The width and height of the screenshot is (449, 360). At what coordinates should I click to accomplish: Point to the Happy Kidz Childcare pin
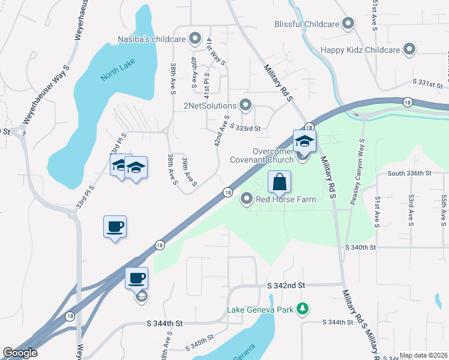click(409, 49)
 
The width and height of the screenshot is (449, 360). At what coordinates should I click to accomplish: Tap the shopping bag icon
click(280, 181)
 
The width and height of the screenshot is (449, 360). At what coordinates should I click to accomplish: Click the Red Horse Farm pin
click(246, 199)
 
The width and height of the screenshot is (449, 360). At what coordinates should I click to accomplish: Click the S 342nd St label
click(286, 286)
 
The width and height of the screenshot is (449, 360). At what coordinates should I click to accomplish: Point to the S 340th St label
click(360, 247)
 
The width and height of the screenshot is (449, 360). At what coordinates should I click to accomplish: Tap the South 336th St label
click(409, 173)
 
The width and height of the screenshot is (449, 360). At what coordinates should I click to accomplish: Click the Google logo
click(20, 353)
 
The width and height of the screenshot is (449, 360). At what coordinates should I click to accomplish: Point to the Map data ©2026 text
click(423, 355)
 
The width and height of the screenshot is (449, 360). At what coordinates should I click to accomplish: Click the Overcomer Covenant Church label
click(263, 155)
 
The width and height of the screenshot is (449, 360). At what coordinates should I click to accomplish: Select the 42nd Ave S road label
click(221, 131)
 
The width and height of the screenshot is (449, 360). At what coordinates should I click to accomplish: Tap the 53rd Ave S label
click(411, 210)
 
